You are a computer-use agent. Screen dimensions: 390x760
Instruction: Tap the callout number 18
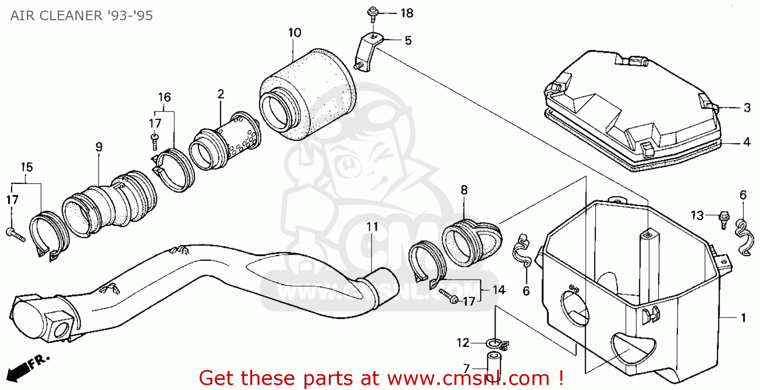tap(407, 13)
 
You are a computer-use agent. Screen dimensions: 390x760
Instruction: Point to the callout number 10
tap(294, 33)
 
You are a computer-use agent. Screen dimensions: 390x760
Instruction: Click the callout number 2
tap(220, 94)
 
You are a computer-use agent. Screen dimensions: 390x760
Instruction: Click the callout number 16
tap(164, 97)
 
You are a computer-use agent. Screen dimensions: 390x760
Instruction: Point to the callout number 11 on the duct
tap(372, 227)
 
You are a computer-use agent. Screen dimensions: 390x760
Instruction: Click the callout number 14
tap(499, 290)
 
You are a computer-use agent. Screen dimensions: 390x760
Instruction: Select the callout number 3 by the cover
tap(747, 107)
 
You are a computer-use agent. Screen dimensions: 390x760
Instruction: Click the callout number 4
tap(746, 142)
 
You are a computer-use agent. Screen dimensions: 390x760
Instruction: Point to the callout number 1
tap(743, 318)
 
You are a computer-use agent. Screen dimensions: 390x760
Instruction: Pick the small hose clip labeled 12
tap(492, 344)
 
